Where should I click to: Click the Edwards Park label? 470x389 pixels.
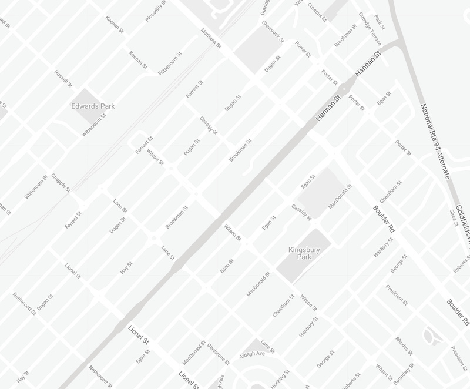pyautogui.click(x=92, y=106)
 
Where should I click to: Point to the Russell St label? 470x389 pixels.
pyautogui.click(x=62, y=79)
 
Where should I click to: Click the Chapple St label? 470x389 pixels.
pyautogui.click(x=61, y=183)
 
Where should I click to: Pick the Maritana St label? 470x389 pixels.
pyautogui.click(x=210, y=38)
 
